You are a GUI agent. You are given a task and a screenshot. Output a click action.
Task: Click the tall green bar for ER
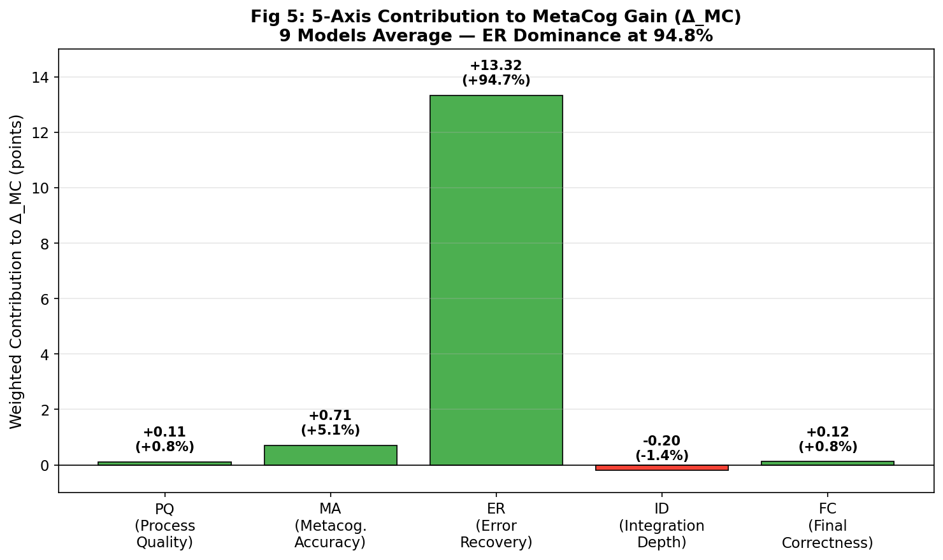pyautogui.click(x=496, y=280)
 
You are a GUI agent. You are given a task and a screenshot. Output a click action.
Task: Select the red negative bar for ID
pyautogui.click(x=661, y=468)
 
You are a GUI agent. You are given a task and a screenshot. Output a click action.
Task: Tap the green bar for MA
pyautogui.click(x=330, y=455)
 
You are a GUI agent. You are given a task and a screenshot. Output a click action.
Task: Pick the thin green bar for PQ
pyautogui.click(x=164, y=463)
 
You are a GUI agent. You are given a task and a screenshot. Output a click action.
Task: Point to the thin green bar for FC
pyautogui.click(x=827, y=463)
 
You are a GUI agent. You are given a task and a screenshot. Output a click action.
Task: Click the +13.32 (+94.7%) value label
pyautogui.click(x=496, y=73)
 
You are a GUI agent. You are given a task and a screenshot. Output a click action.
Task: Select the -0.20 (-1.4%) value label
pyautogui.click(x=661, y=448)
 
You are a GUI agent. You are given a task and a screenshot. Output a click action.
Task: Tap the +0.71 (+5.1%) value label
pyautogui.click(x=330, y=423)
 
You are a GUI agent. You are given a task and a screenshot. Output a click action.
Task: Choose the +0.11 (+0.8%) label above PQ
pyautogui.click(x=164, y=440)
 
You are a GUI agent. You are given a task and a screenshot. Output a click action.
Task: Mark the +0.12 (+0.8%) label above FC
pyautogui.click(x=827, y=440)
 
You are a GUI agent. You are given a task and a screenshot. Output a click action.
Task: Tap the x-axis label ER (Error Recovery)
pyautogui.click(x=496, y=526)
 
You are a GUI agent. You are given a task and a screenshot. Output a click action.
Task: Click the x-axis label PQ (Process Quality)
pyautogui.click(x=164, y=526)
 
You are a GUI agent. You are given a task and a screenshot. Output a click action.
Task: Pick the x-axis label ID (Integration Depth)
pyautogui.click(x=661, y=526)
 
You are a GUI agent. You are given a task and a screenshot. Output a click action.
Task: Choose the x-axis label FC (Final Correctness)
pyautogui.click(x=827, y=526)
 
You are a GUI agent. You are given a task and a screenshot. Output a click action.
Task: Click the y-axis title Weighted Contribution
pyautogui.click(x=17, y=271)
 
